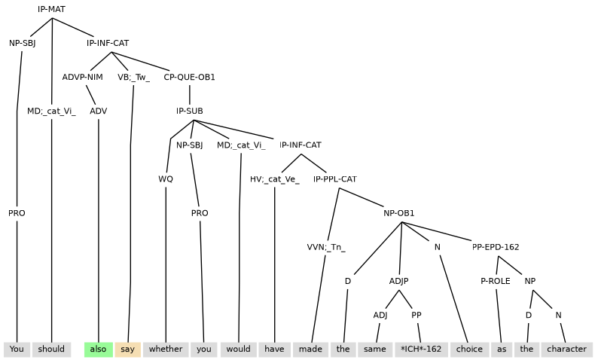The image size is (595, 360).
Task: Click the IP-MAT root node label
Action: pyautogui.click(x=52, y=9)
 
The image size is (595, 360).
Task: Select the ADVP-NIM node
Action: pyautogui.click(x=83, y=77)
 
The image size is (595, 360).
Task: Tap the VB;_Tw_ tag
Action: pyautogui.click(x=133, y=77)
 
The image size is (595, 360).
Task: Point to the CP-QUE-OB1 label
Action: pyautogui.click(x=189, y=77)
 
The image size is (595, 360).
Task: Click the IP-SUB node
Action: pyautogui.click(x=189, y=111)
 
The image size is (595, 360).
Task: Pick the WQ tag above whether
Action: pyautogui.click(x=166, y=179)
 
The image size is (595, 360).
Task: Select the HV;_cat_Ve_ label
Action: pyautogui.click(x=275, y=179)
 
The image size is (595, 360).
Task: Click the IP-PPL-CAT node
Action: pyautogui.click(x=335, y=179)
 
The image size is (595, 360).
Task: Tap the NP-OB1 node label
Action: pyautogui.click(x=399, y=213)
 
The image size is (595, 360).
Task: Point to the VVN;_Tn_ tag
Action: pyautogui.click(x=326, y=247)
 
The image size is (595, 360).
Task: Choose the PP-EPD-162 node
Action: pyautogui.click(x=496, y=247)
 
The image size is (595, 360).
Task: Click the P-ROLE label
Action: pyautogui.click(x=496, y=281)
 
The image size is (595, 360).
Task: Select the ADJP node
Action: pyautogui.click(x=399, y=281)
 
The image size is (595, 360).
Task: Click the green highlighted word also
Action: pyautogui.click(x=98, y=349)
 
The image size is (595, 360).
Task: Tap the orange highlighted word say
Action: pyautogui.click(x=127, y=349)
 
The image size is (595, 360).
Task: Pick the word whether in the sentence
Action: pyautogui.click(x=166, y=349)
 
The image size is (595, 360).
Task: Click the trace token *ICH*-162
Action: pyautogui.click(x=421, y=349)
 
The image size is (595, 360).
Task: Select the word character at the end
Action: pyautogui.click(x=567, y=349)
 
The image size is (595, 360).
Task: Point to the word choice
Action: pyautogui.click(x=469, y=349)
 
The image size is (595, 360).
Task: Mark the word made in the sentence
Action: pyautogui.click(x=311, y=349)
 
